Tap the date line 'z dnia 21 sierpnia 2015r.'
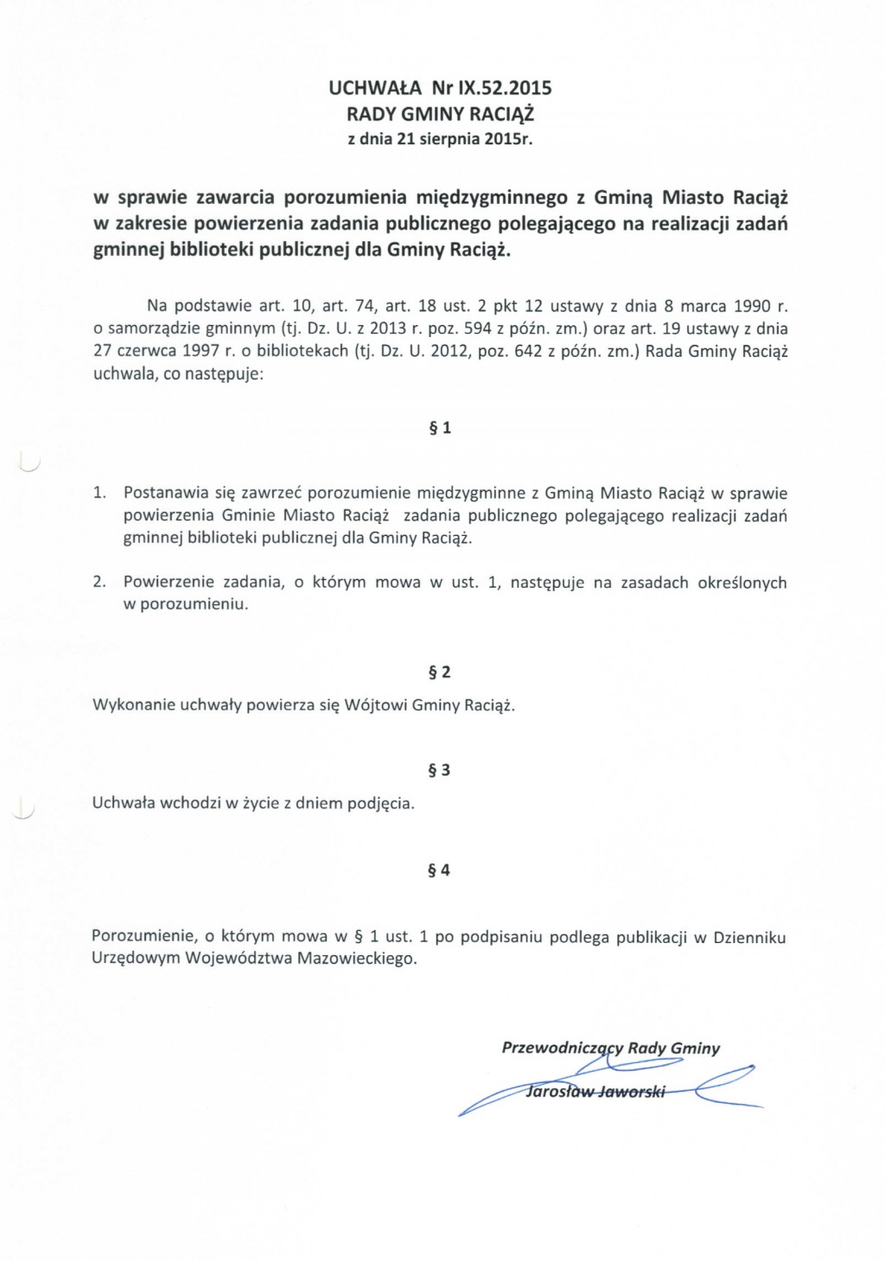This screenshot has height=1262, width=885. click(440, 139)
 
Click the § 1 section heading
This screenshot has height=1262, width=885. click(440, 428)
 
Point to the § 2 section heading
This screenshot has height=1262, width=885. click(440, 672)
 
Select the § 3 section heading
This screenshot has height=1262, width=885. click(439, 770)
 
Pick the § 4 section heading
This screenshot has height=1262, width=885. click(439, 870)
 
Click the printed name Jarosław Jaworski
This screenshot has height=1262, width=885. click(595, 1092)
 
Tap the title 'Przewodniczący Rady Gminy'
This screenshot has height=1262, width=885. click(610, 1048)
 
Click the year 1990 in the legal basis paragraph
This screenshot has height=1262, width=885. click(752, 306)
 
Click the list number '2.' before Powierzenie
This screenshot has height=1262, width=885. click(99, 583)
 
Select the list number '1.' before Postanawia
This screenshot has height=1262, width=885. click(99, 494)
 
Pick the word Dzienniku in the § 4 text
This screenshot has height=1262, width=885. click(749, 937)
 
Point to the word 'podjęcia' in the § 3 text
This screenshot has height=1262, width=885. click(380, 804)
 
